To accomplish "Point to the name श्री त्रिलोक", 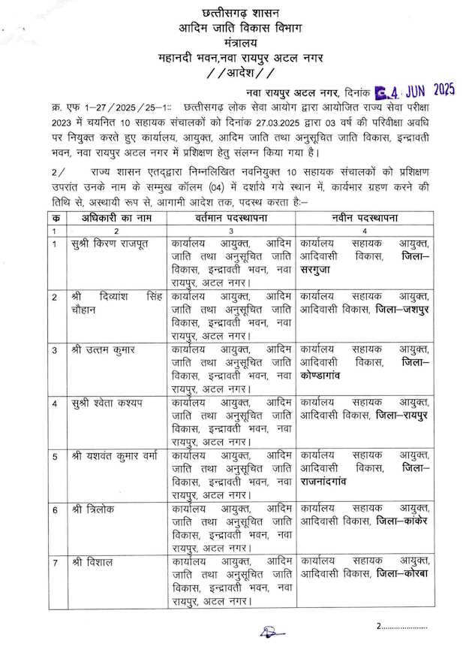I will coord(97,509).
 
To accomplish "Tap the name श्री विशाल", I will coord(95,561).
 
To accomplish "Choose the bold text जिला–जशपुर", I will coord(402,310).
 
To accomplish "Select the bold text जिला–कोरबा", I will coord(401,574).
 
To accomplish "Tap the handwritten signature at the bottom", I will coord(269,632).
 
